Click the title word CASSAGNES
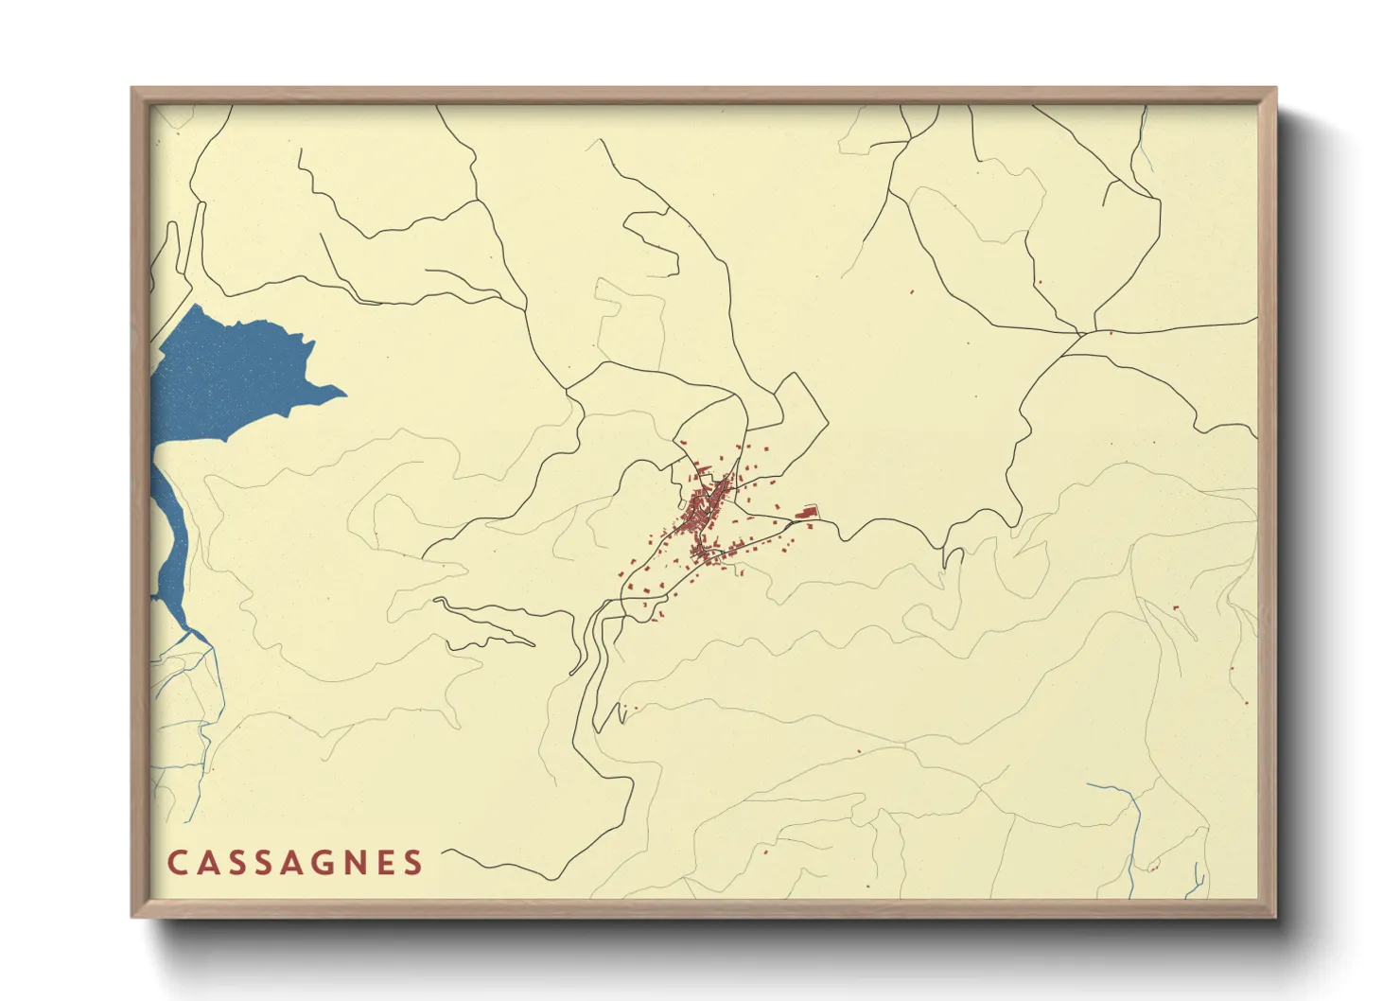pyautogui.click(x=295, y=863)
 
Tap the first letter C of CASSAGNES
pyautogui.click(x=177, y=863)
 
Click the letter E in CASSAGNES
pyautogui.click(x=383, y=863)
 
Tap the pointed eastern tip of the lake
pyautogui.click(x=343, y=393)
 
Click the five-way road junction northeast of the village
pyautogui.click(x=1080, y=333)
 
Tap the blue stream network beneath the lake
pyautogui.click(x=194, y=700)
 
